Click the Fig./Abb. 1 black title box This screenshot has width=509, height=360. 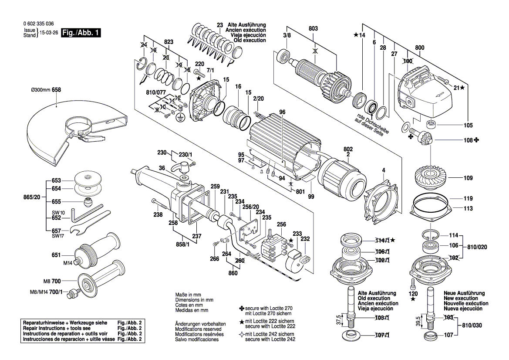click(81, 33)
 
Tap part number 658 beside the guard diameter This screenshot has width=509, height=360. click(56, 90)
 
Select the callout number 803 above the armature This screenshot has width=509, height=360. click(313, 29)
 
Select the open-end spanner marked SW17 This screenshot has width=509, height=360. click(83, 231)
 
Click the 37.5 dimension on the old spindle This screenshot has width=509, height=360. click(338, 320)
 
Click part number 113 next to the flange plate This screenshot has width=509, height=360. click(468, 208)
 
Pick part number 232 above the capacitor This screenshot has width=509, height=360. click(305, 239)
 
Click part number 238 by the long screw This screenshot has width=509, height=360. click(158, 214)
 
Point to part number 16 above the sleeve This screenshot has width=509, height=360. click(238, 87)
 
